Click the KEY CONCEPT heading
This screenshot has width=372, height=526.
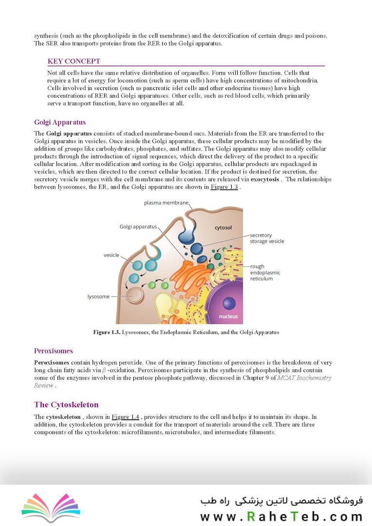click(x=74, y=61)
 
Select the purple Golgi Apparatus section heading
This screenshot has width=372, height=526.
click(x=60, y=122)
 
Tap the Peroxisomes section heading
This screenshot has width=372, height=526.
click(x=54, y=351)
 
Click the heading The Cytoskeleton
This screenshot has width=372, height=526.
click(x=66, y=405)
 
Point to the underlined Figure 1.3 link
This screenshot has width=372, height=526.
click(x=224, y=187)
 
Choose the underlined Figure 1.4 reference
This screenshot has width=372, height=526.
click(x=125, y=417)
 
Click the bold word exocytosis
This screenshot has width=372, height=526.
click(x=265, y=179)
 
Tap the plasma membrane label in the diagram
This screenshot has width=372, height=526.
click(x=166, y=202)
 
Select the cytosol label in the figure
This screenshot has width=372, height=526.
click(x=223, y=227)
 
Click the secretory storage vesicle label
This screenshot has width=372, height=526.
click(x=267, y=238)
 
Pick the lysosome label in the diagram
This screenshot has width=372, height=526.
click(x=98, y=296)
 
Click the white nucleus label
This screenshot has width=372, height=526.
click(x=228, y=316)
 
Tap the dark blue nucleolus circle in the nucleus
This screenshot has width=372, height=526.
click(x=229, y=304)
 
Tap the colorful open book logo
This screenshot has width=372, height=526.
click(x=51, y=506)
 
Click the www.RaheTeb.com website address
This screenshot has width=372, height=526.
click(x=281, y=516)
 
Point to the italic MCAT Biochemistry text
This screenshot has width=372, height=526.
click(x=304, y=378)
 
